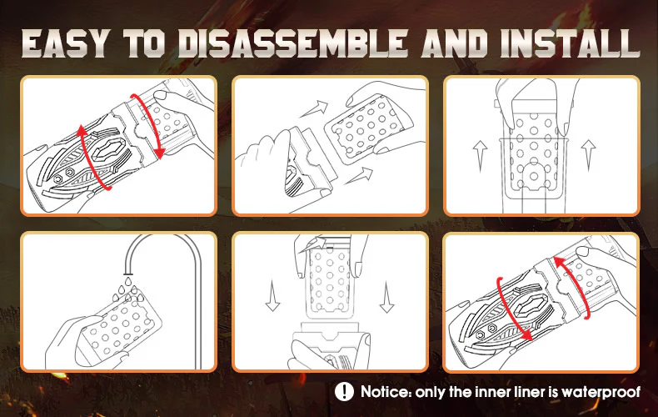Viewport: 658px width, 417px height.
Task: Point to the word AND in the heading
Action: [x=455, y=43]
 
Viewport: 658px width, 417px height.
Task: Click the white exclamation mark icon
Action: [x=344, y=392]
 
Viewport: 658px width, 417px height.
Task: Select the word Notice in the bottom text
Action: [x=386, y=392]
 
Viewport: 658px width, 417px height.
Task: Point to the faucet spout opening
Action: [x=128, y=273]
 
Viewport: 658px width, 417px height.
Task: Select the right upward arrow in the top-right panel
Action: [x=588, y=155]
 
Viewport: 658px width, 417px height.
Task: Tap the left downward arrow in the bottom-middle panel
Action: [x=272, y=296]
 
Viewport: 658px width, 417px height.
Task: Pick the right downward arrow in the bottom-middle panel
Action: [x=386, y=297]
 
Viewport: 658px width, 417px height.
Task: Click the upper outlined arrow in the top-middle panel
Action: [x=314, y=108]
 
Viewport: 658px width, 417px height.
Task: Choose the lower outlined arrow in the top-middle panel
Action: [x=359, y=176]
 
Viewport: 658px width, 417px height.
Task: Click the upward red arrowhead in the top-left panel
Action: [x=82, y=131]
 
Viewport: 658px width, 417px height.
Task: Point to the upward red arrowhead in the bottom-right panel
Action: [x=559, y=263]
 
